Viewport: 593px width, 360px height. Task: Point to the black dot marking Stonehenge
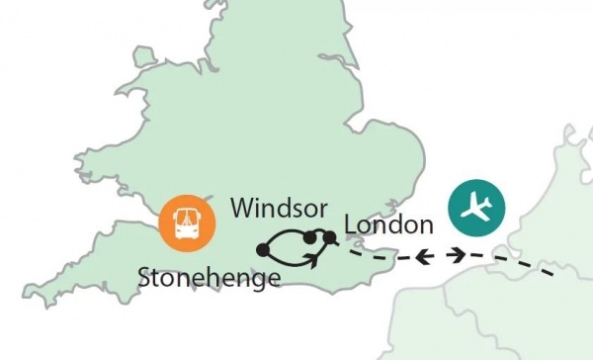pyautogui.click(x=262, y=249)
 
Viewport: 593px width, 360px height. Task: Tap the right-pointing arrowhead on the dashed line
pyautogui.click(x=459, y=255)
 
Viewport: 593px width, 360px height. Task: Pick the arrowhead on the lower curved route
pyautogui.click(x=312, y=258)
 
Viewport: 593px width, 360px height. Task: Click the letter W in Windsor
pyautogui.click(x=240, y=210)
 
